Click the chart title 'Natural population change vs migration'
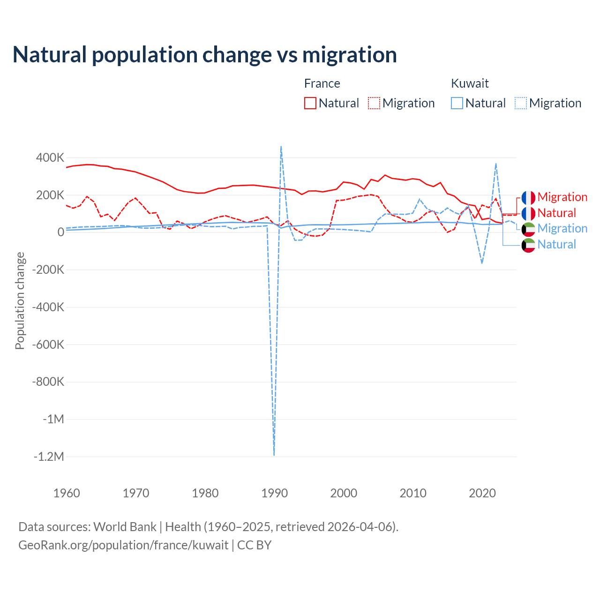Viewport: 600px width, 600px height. pyautogui.click(x=205, y=55)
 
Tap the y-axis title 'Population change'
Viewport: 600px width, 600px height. pyautogui.click(x=20, y=300)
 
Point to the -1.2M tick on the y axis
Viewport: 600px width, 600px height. pyautogui.click(x=48, y=457)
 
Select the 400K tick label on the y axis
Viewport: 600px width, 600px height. pyautogui.click(x=50, y=157)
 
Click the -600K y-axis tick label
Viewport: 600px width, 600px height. pyautogui.click(x=48, y=345)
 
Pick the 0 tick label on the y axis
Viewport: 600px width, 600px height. pyautogui.click(x=61, y=232)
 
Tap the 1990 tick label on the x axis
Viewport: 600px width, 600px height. pyautogui.click(x=274, y=493)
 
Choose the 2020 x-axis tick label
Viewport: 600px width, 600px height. pyautogui.click(x=482, y=493)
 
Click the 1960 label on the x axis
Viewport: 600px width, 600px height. pyautogui.click(x=67, y=493)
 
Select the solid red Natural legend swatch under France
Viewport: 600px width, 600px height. pyautogui.click(x=310, y=103)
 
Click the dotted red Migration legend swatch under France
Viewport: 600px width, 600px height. pyautogui.click(x=374, y=103)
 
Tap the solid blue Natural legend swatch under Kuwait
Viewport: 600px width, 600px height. pyautogui.click(x=457, y=103)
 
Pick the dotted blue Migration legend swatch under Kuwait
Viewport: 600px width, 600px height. pyautogui.click(x=521, y=103)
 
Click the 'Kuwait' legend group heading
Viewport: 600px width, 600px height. pyautogui.click(x=470, y=83)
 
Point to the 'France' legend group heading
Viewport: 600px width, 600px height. pyautogui.click(x=322, y=83)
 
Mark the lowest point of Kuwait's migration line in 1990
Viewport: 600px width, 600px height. pyautogui.click(x=274, y=455)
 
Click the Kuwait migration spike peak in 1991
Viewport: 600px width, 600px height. pyautogui.click(x=281, y=146)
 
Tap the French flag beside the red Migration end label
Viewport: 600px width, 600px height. pyautogui.click(x=528, y=197)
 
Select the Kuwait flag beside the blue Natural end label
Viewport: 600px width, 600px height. pyautogui.click(x=528, y=245)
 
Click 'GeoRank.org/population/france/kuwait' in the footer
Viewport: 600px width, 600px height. pyautogui.click(x=123, y=545)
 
